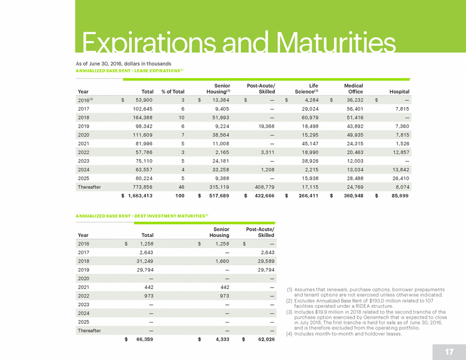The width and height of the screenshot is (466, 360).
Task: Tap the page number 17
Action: [x=449, y=351]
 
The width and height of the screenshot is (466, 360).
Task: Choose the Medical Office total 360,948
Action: [x=351, y=196]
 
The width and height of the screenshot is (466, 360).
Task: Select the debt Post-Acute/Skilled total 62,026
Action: [x=262, y=339]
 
